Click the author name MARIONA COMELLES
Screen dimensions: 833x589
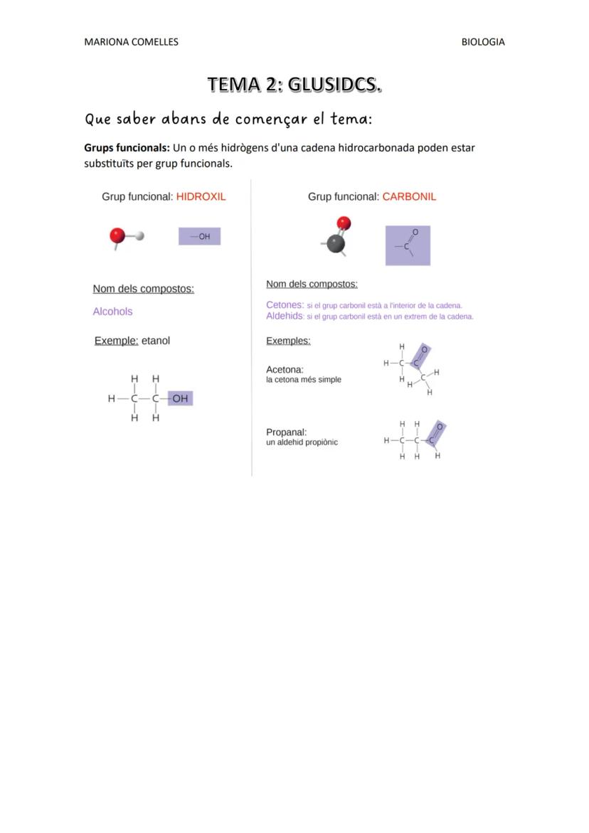click(x=131, y=42)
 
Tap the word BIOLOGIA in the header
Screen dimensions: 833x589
click(x=483, y=42)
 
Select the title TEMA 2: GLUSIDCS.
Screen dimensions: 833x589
click(x=294, y=85)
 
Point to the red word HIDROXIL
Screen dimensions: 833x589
click(x=201, y=196)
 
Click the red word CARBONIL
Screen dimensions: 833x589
click(x=409, y=196)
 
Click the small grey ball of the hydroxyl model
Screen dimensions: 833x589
click(x=139, y=236)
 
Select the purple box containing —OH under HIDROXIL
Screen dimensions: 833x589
click(x=199, y=237)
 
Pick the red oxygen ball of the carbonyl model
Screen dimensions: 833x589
click(x=344, y=223)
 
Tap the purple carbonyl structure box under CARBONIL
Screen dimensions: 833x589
click(x=408, y=245)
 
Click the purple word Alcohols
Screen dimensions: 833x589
click(x=112, y=312)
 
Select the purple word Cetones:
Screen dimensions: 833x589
click(x=285, y=305)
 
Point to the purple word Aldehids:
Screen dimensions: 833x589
click(x=285, y=316)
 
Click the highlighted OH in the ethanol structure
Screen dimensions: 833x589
click(x=180, y=398)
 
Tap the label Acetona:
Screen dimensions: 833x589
click(x=285, y=370)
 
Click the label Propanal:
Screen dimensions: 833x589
click(x=286, y=432)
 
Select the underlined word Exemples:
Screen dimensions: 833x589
click(x=288, y=341)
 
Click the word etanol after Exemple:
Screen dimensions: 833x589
click(x=156, y=341)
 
